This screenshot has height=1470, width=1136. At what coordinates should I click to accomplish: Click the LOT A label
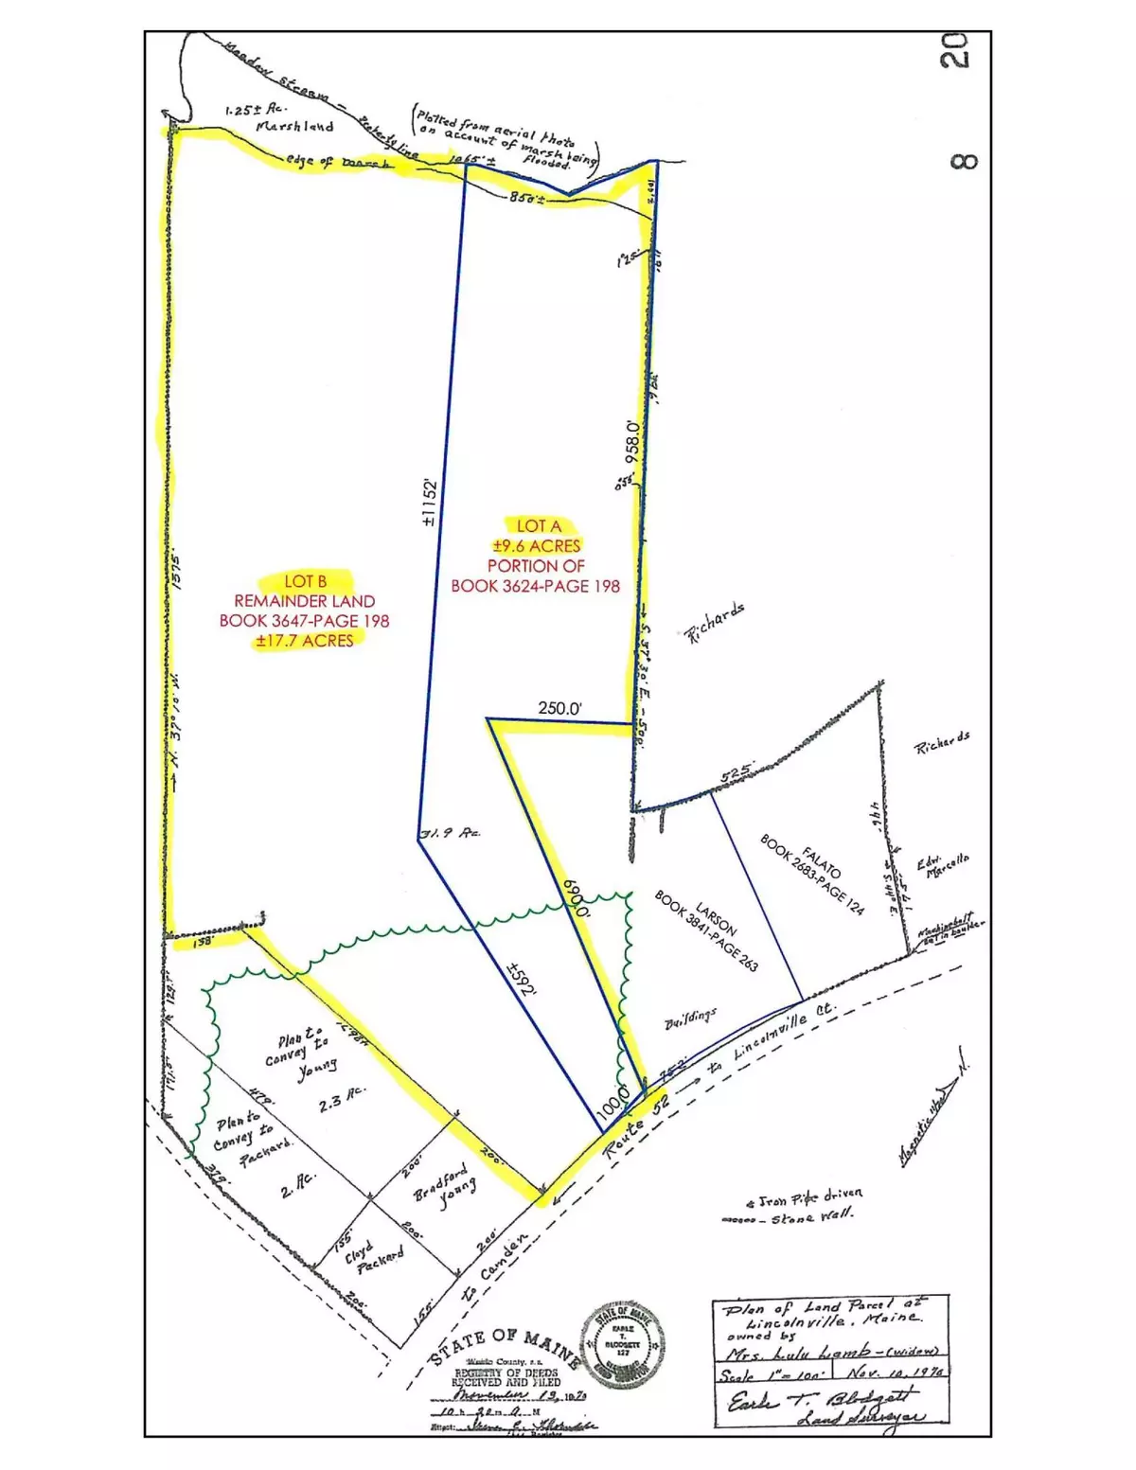point(539,525)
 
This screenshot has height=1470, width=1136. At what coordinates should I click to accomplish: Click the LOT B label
point(305,581)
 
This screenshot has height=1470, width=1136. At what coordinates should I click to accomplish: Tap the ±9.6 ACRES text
point(537,545)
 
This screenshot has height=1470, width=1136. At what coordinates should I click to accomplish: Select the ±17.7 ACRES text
point(304,641)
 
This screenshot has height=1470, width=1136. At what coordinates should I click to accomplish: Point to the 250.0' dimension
point(559,707)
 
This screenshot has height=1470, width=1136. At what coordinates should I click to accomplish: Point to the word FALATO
point(814,857)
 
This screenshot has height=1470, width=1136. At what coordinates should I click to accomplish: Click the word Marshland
point(295,127)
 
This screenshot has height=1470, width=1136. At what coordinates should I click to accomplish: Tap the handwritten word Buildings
point(690,1018)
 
